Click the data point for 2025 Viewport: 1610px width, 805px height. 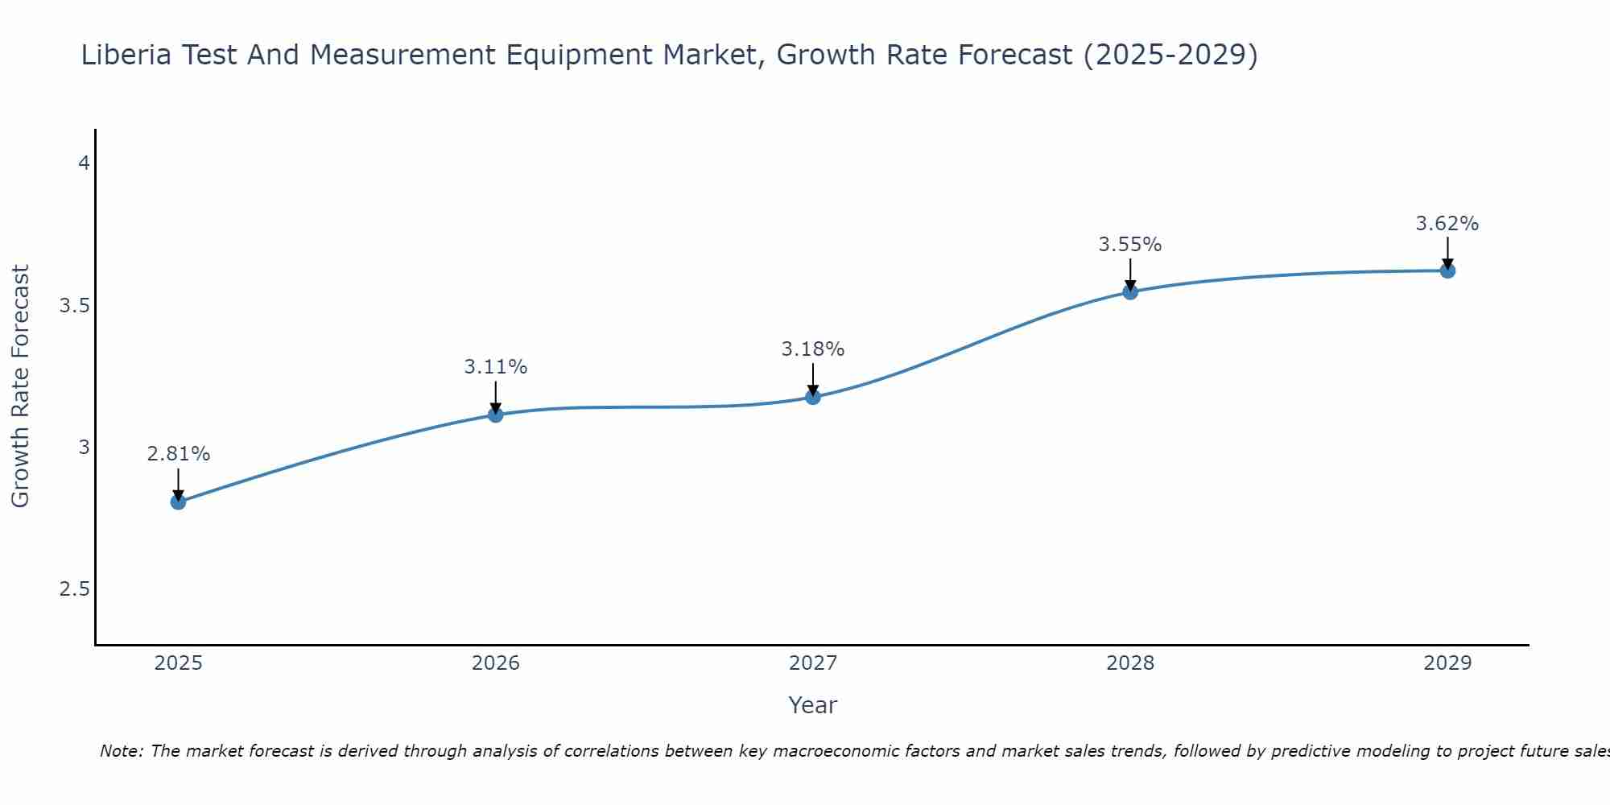178,502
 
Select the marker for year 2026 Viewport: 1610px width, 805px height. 496,415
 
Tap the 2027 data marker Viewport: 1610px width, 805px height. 813,397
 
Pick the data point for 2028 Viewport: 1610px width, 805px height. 1130,291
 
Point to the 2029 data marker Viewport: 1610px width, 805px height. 1447,270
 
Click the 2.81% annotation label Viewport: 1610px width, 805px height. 178,454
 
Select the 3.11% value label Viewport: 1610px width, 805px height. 496,367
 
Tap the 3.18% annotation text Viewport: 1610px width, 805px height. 813,349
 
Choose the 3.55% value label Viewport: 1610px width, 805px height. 1130,245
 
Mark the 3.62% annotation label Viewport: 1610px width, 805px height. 1447,224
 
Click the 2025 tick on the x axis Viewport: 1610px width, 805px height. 178,663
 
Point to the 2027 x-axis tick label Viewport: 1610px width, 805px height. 813,663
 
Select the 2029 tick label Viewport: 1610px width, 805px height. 1447,663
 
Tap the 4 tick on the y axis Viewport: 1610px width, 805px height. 83,163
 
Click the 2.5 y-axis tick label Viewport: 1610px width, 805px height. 74,589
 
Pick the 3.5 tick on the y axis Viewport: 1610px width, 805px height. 74,306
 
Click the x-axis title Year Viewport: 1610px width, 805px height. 813,705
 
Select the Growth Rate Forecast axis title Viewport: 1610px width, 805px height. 21,386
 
